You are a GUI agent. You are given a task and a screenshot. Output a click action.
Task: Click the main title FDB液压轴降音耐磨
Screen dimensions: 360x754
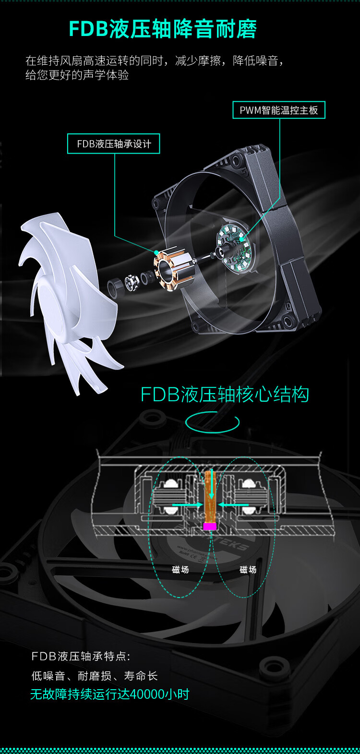(x=163, y=29)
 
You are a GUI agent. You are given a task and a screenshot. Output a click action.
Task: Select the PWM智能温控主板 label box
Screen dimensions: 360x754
(x=279, y=110)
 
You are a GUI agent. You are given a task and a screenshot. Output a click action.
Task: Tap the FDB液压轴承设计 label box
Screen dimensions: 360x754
(x=113, y=144)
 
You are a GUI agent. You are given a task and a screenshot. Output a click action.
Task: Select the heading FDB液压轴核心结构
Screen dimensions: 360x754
(x=225, y=395)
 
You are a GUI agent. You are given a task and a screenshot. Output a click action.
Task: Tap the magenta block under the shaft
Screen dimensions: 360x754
(x=209, y=526)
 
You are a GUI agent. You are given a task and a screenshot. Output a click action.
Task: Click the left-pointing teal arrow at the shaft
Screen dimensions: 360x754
(x=233, y=504)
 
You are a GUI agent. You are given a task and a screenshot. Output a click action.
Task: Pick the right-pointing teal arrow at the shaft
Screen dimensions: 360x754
(x=187, y=504)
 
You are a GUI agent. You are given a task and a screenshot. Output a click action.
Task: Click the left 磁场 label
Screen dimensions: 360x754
(x=180, y=570)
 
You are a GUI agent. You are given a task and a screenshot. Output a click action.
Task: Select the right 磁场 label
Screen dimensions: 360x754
(x=248, y=570)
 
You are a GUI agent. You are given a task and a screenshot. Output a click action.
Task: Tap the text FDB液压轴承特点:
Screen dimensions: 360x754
(x=81, y=656)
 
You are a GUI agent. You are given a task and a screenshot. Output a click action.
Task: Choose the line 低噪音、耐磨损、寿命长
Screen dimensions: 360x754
(x=95, y=676)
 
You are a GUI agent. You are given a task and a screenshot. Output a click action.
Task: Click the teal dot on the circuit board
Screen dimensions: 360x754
(x=242, y=239)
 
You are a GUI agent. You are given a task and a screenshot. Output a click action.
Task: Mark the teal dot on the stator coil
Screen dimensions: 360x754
(x=156, y=252)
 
